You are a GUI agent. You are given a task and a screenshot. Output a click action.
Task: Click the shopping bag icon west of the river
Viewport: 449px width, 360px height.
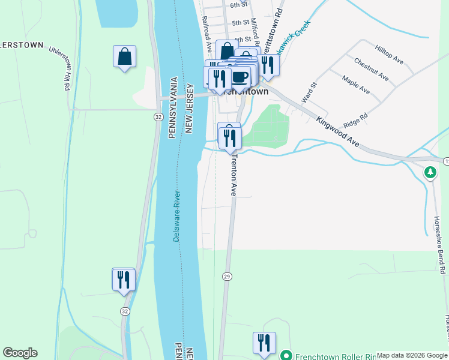(x=124, y=57)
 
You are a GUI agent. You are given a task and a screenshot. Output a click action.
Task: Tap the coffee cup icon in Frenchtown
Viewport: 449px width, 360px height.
(x=240, y=77)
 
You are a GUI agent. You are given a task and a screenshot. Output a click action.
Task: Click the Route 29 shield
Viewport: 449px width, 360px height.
(x=226, y=275)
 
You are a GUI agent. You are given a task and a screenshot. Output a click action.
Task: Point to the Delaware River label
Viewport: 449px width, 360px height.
(x=178, y=216)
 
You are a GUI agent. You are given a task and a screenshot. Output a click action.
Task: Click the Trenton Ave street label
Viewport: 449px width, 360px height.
(x=235, y=175)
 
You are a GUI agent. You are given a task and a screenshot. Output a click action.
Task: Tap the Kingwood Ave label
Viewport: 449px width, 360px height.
(x=338, y=132)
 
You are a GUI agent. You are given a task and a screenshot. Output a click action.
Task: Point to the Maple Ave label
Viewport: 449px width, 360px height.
(x=356, y=85)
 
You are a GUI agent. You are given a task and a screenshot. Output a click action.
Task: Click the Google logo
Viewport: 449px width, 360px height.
(x=20, y=353)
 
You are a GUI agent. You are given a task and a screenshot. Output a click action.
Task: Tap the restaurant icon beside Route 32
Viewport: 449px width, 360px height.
(x=124, y=280)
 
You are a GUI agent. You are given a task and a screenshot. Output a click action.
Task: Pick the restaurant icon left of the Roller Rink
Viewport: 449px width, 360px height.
(x=264, y=344)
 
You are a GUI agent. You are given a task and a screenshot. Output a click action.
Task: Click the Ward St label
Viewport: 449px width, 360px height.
(x=308, y=92)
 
